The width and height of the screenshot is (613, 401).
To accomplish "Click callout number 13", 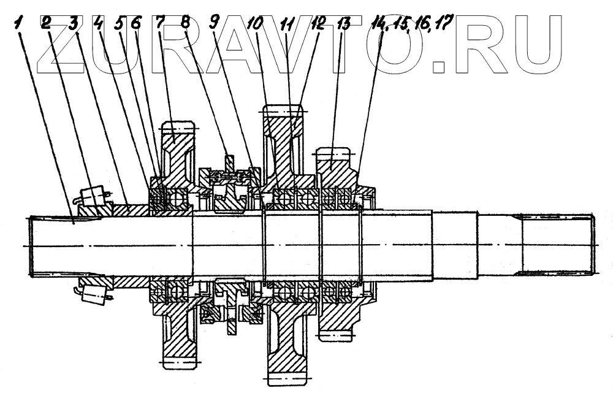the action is coord(344,25).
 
